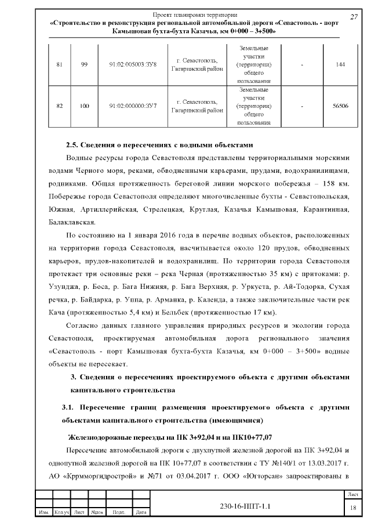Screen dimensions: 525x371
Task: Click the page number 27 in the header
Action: click(354, 17)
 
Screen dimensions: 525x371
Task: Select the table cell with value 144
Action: click(340, 64)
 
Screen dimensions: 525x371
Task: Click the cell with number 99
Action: click(84, 64)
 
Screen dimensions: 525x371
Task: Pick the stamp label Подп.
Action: click(119, 513)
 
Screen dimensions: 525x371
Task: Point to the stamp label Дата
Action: click(140, 513)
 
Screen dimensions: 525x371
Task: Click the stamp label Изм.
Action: click(43, 513)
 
